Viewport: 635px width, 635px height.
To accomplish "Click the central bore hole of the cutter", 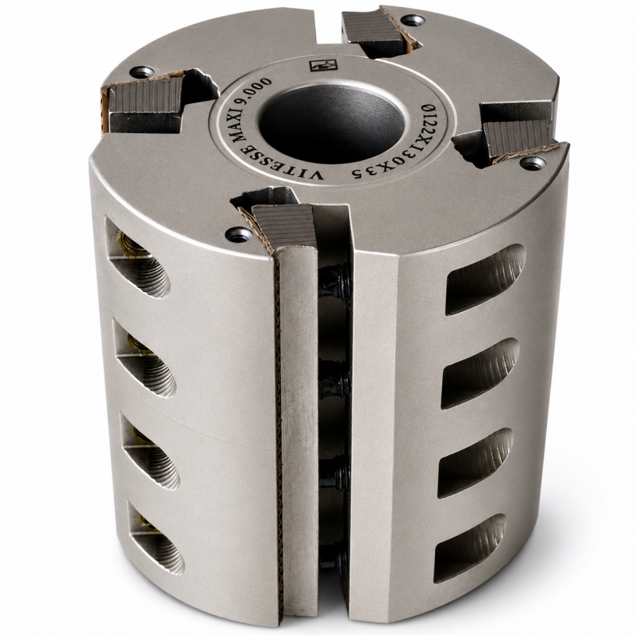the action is [x=331, y=123].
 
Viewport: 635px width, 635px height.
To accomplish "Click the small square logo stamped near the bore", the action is [x=323, y=65].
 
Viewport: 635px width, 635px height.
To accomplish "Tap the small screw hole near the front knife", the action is [x=239, y=234].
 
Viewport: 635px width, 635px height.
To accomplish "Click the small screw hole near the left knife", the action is [x=142, y=72].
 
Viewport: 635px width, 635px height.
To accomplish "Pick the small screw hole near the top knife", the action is [x=412, y=21].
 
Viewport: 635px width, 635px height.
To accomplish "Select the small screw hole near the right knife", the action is [x=533, y=164].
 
